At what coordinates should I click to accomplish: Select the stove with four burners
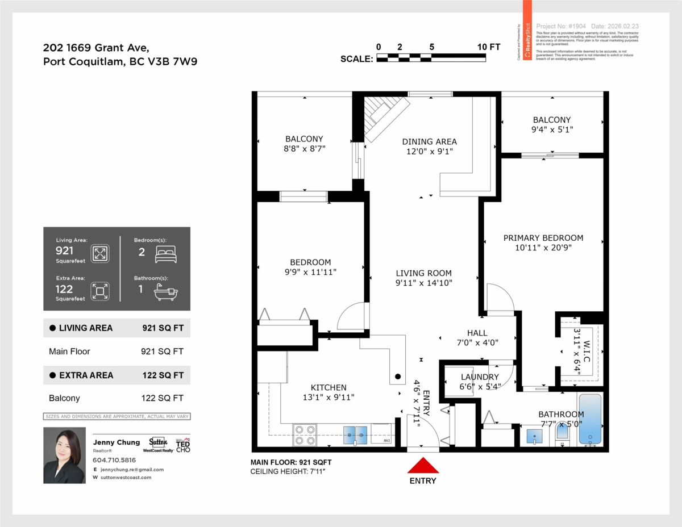[x=305, y=435]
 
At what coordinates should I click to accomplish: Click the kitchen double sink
[x=356, y=435]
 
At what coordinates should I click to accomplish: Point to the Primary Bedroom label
[x=543, y=238]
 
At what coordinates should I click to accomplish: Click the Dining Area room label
[x=429, y=141]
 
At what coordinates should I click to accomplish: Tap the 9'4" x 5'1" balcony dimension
[x=552, y=129]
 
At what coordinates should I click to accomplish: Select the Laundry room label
[x=479, y=377]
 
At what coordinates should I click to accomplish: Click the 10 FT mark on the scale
[x=489, y=47]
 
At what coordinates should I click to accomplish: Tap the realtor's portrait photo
[x=64, y=455]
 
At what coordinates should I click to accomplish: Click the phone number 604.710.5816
[x=114, y=460]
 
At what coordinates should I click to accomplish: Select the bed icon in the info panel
[x=165, y=254]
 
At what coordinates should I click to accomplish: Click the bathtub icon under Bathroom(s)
[x=165, y=293]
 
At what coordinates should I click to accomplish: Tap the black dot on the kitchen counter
[x=398, y=377]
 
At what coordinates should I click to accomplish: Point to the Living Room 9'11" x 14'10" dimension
[x=423, y=283]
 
